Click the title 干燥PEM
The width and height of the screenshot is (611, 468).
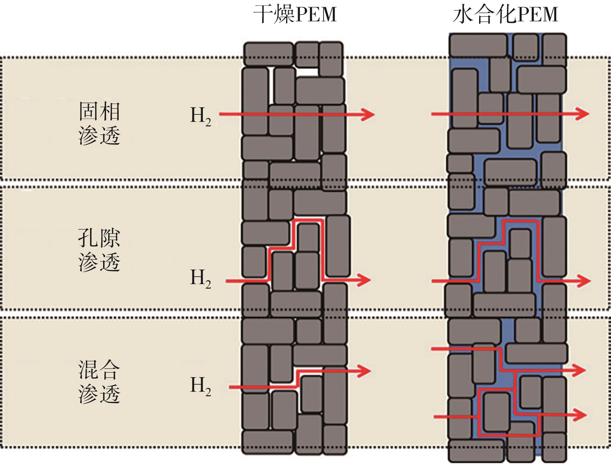[x=295, y=15]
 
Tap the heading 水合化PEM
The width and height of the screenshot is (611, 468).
[x=505, y=15]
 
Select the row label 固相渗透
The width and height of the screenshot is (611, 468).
[x=99, y=123]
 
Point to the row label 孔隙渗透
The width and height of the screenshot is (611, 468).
[x=99, y=250]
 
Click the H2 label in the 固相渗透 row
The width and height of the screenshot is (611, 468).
[x=200, y=116]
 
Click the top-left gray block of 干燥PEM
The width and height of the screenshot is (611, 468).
[x=268, y=54]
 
